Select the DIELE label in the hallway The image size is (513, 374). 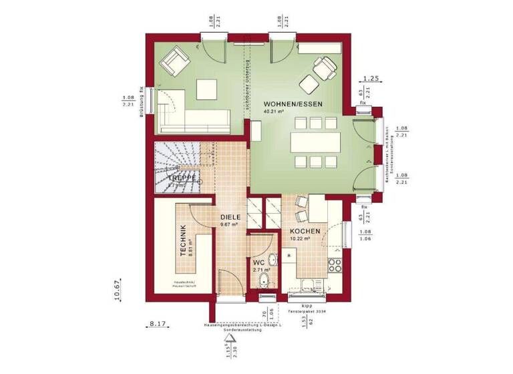coord(230,217)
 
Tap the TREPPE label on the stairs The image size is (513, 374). coord(181,179)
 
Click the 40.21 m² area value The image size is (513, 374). coord(275,113)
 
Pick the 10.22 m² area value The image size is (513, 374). coord(300,239)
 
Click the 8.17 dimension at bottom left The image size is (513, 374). coord(158,324)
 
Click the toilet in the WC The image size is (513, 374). coord(265,280)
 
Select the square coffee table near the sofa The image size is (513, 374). coord(207,87)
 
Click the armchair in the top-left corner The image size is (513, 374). coord(175,61)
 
